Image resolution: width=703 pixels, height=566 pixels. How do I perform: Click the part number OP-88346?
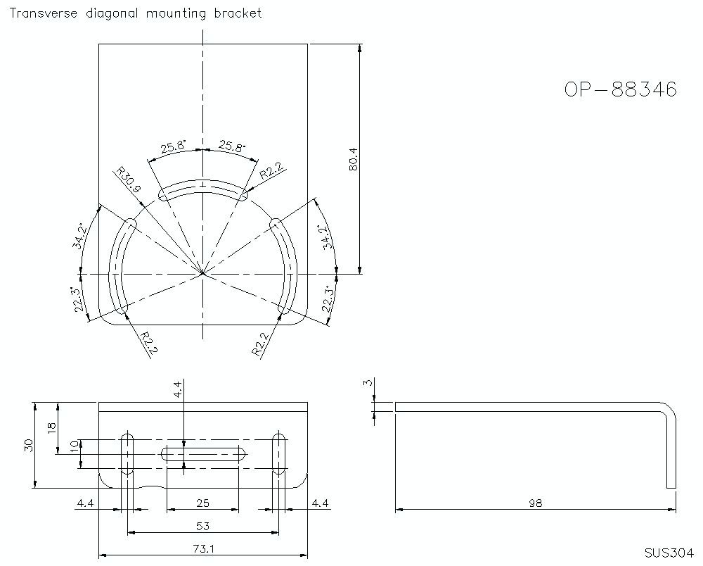point(620,89)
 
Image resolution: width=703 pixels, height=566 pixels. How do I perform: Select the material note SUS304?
point(669,553)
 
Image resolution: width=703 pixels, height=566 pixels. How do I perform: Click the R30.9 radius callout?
point(129,180)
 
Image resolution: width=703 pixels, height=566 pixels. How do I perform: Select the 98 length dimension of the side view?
point(536,503)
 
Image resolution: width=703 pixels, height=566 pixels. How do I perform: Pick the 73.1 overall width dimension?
point(203,548)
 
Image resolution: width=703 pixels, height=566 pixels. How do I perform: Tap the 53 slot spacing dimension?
point(203,526)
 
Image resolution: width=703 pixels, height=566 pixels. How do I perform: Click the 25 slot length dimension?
point(203,503)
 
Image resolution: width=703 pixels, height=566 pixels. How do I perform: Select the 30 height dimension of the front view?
point(29,445)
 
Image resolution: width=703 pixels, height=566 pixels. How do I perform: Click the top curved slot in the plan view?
point(203,188)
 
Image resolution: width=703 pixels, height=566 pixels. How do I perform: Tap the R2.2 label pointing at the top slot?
point(271,170)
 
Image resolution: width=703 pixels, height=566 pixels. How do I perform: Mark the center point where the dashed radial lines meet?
point(202,272)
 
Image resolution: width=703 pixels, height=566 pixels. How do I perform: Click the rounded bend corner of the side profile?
point(669,410)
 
